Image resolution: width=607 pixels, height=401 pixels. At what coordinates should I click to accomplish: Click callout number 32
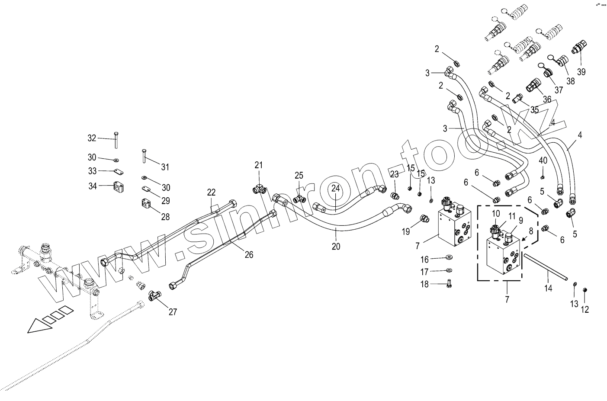[x=92, y=138]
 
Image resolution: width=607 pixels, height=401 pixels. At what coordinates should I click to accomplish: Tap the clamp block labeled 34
[x=119, y=187]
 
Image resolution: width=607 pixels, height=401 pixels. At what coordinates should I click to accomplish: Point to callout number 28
[x=165, y=217]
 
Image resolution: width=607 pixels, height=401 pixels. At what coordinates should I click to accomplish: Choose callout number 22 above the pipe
[x=211, y=192]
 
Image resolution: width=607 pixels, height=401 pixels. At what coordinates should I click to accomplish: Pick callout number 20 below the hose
[x=336, y=247]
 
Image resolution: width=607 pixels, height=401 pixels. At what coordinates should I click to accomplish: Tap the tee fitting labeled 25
[x=299, y=199]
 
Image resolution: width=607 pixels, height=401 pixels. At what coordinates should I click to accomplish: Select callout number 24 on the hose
[x=336, y=188]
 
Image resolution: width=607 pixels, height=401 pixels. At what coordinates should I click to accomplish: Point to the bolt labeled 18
[x=448, y=284]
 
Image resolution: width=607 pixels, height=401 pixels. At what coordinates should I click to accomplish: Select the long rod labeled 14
[x=545, y=268]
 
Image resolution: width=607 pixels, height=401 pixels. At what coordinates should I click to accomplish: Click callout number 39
[x=581, y=71]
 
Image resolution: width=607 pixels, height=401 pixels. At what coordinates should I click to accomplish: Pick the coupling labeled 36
[x=533, y=85]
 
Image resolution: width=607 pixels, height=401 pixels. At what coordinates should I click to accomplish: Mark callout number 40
[x=543, y=160]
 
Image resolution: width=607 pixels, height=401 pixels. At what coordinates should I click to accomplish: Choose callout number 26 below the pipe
[x=249, y=255]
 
